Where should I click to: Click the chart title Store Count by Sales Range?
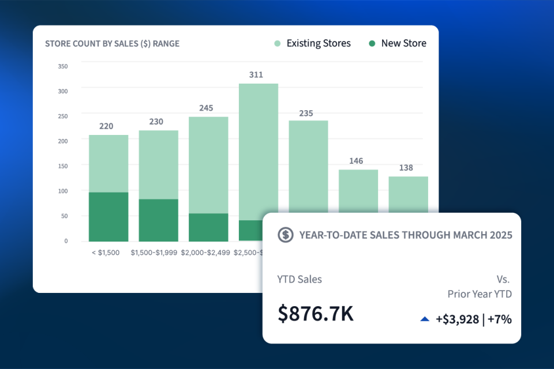pos(112,44)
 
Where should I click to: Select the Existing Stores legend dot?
pos(278,44)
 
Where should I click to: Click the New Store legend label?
pos(403,44)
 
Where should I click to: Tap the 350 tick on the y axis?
pos(63,66)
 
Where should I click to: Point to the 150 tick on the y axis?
pos(63,166)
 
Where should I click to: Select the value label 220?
pos(106,126)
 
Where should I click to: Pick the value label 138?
pos(406,168)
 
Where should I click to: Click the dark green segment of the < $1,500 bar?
pos(108,217)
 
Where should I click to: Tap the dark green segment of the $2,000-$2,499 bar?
pos(208,227)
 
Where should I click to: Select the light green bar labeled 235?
pos(308,167)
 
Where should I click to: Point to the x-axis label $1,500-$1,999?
pos(155,253)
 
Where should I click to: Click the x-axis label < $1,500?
pos(106,253)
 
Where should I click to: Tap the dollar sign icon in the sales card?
pos(285,235)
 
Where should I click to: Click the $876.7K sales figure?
pos(316,314)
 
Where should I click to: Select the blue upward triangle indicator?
pos(425,319)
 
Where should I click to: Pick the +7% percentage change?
pos(500,319)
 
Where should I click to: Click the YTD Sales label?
pos(300,280)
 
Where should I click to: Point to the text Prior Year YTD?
pos(480,294)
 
